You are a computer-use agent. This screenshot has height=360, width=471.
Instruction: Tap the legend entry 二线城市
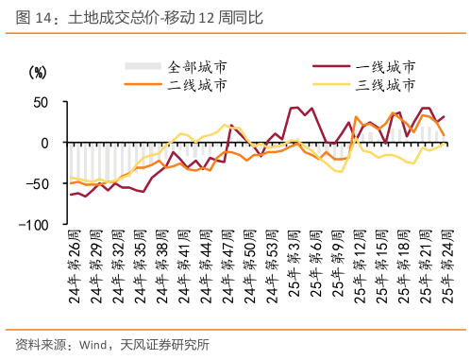pos(197,85)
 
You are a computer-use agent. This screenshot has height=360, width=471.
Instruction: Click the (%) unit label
pos(37,72)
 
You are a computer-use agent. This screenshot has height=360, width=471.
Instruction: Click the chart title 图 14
pos(34,17)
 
